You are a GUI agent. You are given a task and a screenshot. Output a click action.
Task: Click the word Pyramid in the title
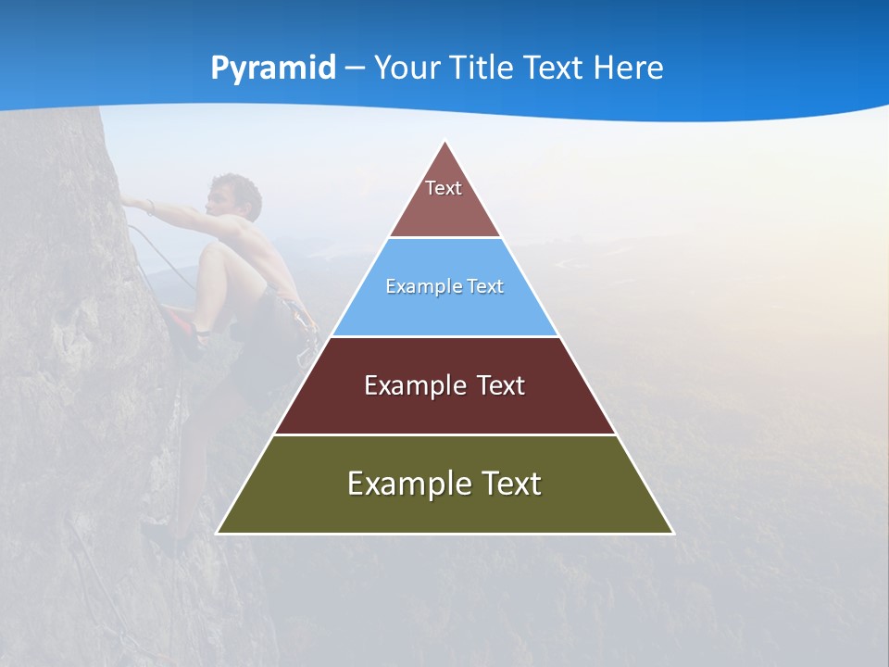(272, 69)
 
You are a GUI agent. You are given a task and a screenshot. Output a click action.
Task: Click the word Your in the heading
(406, 69)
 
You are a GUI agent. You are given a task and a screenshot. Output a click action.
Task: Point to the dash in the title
(354, 69)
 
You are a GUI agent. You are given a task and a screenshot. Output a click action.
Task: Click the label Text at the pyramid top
(444, 188)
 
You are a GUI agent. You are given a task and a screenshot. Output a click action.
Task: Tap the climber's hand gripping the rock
(130, 203)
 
